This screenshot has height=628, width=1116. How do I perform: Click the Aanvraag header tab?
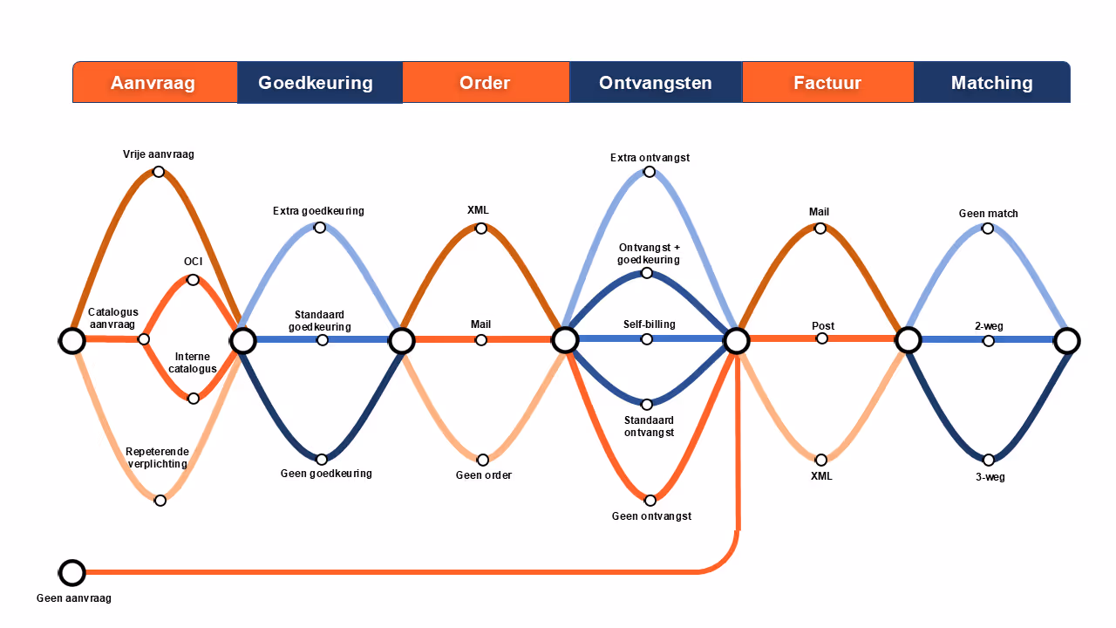click(153, 83)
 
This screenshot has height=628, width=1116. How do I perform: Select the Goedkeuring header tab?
click(316, 83)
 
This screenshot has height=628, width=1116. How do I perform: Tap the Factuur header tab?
click(827, 83)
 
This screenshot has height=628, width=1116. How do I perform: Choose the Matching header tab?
click(991, 83)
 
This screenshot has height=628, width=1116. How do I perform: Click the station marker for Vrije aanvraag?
click(159, 172)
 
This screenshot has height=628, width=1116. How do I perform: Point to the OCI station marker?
click(193, 280)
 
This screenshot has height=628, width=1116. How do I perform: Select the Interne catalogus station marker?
click(194, 399)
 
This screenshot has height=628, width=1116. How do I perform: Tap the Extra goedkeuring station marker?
click(320, 228)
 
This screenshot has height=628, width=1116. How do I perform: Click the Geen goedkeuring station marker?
click(322, 460)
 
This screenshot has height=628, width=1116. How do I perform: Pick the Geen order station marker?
click(483, 461)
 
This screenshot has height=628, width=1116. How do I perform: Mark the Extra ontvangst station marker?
click(650, 172)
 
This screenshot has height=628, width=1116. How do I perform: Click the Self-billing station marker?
click(647, 339)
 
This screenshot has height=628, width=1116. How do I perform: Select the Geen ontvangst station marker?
click(650, 501)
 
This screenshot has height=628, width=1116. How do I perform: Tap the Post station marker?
click(822, 338)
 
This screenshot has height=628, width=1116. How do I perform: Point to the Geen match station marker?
click(988, 229)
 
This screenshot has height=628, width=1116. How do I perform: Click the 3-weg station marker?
click(989, 460)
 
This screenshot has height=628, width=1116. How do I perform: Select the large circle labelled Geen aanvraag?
click(72, 573)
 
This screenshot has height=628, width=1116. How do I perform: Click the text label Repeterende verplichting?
click(156, 458)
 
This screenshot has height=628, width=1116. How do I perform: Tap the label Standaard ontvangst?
click(649, 427)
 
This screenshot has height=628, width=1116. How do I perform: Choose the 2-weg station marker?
click(989, 341)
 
